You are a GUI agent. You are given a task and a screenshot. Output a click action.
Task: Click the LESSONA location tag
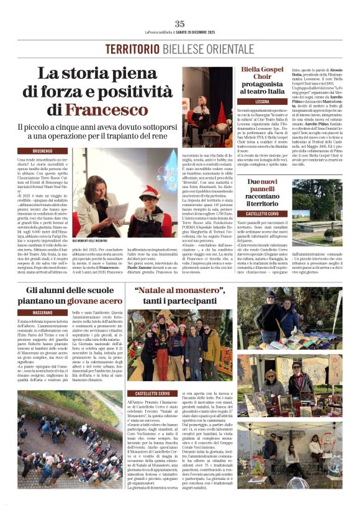click(263, 101)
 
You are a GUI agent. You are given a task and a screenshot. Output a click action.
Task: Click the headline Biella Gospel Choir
click(262, 75)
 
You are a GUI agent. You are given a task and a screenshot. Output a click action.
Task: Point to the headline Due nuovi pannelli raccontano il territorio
click(263, 192)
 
